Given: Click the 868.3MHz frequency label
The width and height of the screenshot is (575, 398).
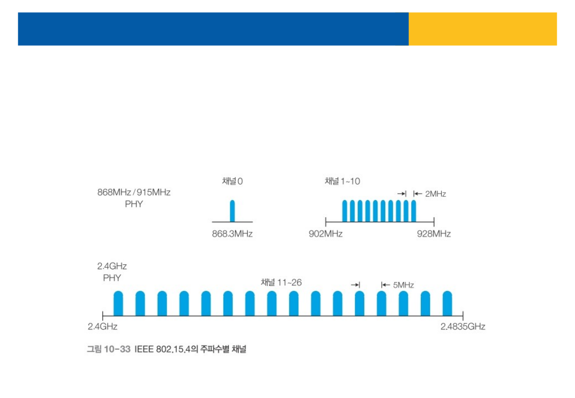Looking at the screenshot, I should (x=232, y=234).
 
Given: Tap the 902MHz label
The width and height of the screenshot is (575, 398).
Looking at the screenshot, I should (x=325, y=234).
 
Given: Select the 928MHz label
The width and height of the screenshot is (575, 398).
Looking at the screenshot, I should (x=433, y=234).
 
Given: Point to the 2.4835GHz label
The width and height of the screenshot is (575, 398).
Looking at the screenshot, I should (x=462, y=326).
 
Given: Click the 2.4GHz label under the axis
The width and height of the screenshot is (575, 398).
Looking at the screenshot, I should (x=102, y=326).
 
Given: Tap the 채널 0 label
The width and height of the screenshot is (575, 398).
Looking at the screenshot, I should (x=232, y=181).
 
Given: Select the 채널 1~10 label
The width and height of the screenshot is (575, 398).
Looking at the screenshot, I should (x=342, y=181).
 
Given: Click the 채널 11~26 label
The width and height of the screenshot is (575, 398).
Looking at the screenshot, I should (x=281, y=283).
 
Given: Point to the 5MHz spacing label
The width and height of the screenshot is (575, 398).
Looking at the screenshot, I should (x=403, y=285).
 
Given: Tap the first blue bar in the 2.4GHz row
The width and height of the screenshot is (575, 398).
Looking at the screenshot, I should (x=118, y=303).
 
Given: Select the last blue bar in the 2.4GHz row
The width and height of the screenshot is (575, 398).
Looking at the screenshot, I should (x=447, y=303).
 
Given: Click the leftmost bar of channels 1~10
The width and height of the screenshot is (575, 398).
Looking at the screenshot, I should (x=345, y=211).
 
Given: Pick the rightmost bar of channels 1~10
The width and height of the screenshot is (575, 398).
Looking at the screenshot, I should (x=414, y=211).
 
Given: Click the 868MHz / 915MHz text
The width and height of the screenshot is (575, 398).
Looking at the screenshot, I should (x=134, y=193).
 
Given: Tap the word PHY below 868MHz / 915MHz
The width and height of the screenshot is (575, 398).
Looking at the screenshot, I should (x=134, y=204).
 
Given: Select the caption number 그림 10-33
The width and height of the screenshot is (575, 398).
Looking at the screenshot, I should (x=109, y=349).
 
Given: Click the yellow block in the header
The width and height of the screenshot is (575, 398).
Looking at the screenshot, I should (x=483, y=29).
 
